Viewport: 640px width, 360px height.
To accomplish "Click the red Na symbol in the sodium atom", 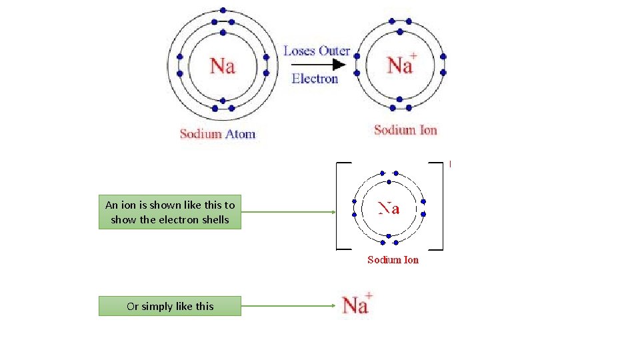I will click(223, 66).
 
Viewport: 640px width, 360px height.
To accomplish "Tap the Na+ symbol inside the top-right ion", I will click(401, 65).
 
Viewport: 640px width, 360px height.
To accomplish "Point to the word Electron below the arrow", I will click(315, 79).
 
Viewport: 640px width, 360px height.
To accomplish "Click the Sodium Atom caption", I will click(217, 134).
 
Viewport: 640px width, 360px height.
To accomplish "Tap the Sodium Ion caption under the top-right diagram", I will click(405, 130).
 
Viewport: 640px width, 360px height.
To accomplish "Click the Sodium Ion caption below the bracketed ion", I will click(393, 260).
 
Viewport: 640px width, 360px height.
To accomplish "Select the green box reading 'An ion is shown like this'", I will click(170, 212).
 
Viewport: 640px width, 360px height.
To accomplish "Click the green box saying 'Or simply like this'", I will click(170, 306).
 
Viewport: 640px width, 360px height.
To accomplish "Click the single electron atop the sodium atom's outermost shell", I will click(223, 11).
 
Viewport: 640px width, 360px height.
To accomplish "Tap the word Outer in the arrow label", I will click(334, 51).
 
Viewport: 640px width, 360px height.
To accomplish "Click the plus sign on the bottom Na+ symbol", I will click(369, 296).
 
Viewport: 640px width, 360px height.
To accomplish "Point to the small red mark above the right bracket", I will click(451, 163).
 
